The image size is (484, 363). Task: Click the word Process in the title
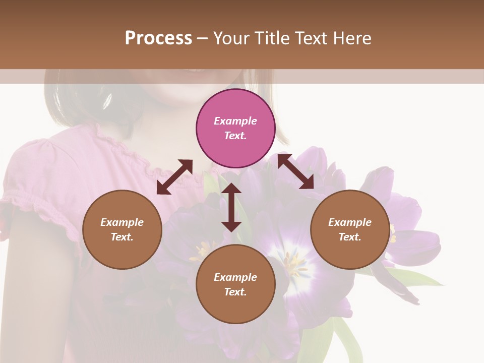click(158, 38)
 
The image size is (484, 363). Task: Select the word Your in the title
click(231, 38)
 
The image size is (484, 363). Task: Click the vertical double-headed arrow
click(231, 207)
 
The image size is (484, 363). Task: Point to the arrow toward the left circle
click(174, 177)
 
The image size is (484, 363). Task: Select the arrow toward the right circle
click(296, 172)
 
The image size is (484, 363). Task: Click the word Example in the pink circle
click(235, 121)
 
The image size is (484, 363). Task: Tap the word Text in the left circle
click(122, 237)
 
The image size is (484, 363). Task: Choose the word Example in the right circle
click(350, 222)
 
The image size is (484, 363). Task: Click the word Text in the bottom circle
click(235, 292)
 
